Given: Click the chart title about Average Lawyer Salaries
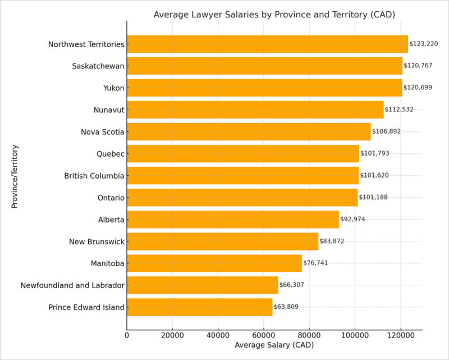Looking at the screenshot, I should (274, 15).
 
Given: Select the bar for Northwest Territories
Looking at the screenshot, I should (267, 44).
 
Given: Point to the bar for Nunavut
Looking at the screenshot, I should (255, 110).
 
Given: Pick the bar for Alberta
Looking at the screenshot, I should (233, 219).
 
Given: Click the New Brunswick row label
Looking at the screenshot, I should (97, 241).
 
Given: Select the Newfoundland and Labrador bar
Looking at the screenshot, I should (202, 285).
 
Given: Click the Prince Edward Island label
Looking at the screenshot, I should (86, 307).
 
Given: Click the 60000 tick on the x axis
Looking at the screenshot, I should (263, 335).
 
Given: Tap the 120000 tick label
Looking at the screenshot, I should (400, 335).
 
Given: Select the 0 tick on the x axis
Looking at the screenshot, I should (127, 335).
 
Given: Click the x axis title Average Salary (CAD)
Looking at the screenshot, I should (274, 344).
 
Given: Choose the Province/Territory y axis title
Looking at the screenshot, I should (15, 176).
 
